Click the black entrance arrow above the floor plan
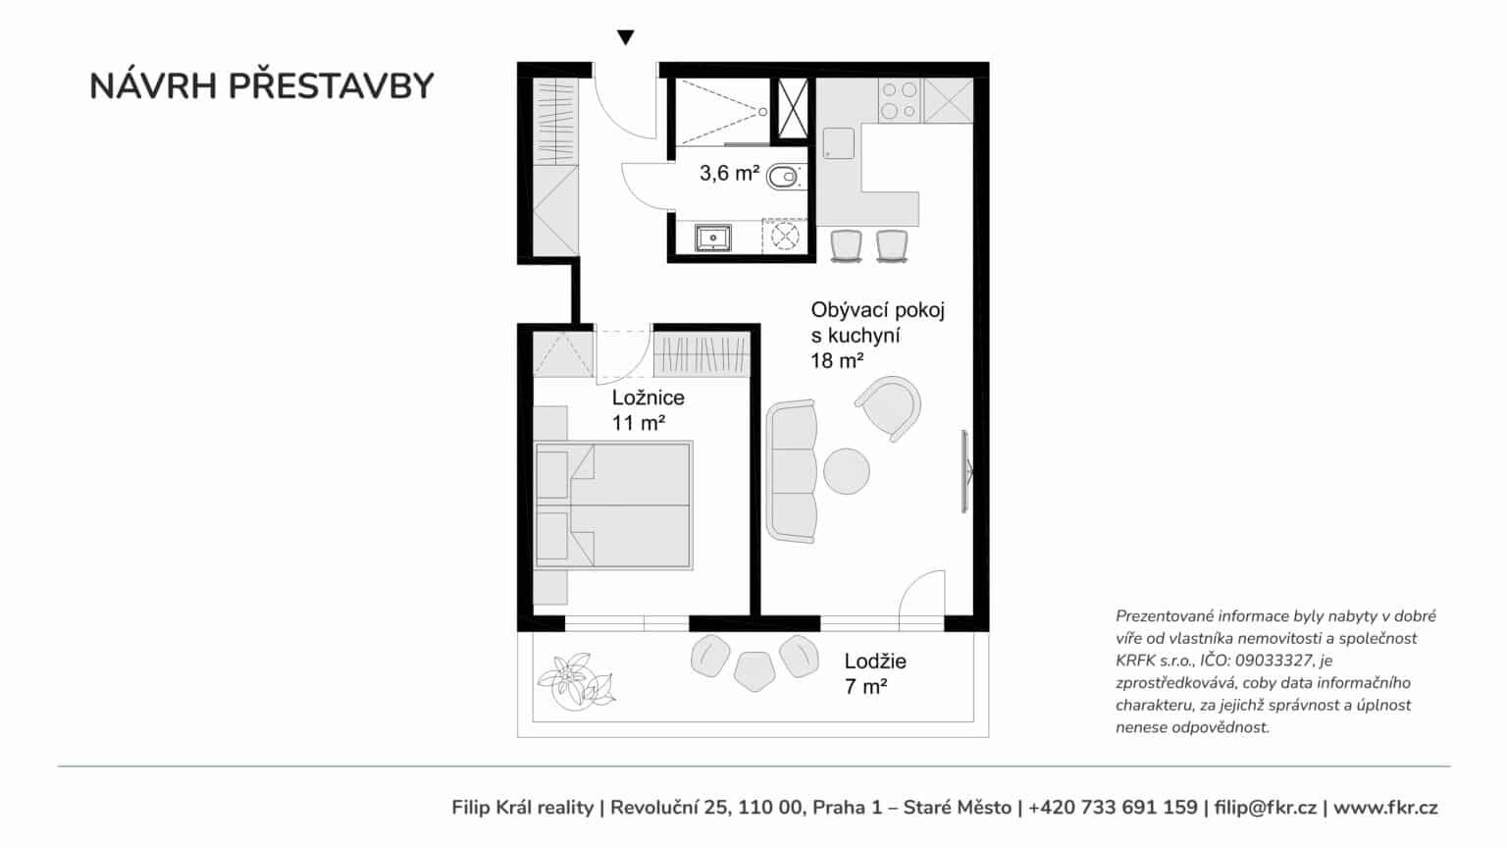[626, 37]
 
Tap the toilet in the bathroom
[783, 177]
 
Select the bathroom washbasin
[713, 238]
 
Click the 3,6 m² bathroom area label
[729, 173]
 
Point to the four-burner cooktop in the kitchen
[900, 100]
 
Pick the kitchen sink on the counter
[838, 143]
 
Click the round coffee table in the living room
[847, 471]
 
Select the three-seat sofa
[792, 471]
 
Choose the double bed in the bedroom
[613, 504]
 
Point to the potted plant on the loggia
[576, 680]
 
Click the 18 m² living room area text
[837, 361]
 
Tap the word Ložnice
[648, 397]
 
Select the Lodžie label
[875, 661]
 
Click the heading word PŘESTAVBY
[331, 86]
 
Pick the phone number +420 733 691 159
[1113, 807]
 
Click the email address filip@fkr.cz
[1265, 807]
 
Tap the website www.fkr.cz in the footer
[1385, 807]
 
